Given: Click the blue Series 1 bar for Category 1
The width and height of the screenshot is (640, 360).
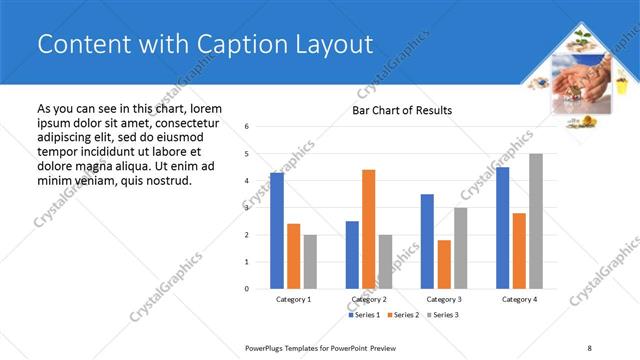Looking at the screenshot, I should pos(276,230).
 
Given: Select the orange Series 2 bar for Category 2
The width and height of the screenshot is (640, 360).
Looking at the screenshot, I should pos(368,229).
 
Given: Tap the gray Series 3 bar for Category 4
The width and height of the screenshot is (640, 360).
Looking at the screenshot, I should pos(536,221).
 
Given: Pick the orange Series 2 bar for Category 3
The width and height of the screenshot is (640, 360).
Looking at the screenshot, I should pos(444,264).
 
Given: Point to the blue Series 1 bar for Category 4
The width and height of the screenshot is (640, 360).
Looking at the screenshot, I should pos(502,227).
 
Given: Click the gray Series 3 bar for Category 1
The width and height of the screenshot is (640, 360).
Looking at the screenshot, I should pos(310,261).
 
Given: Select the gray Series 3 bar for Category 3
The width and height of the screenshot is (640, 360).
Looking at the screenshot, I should pos(460,248).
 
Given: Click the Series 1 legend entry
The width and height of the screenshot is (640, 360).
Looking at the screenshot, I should pos(364,315).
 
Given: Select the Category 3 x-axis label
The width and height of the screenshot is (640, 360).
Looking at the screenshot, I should pos(444,300).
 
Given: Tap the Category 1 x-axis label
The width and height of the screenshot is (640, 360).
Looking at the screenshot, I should pos(293,300).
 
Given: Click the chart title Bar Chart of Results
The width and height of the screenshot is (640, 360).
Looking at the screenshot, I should pos(401,110).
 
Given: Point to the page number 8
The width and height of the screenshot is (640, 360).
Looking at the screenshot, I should pos(589,347).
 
